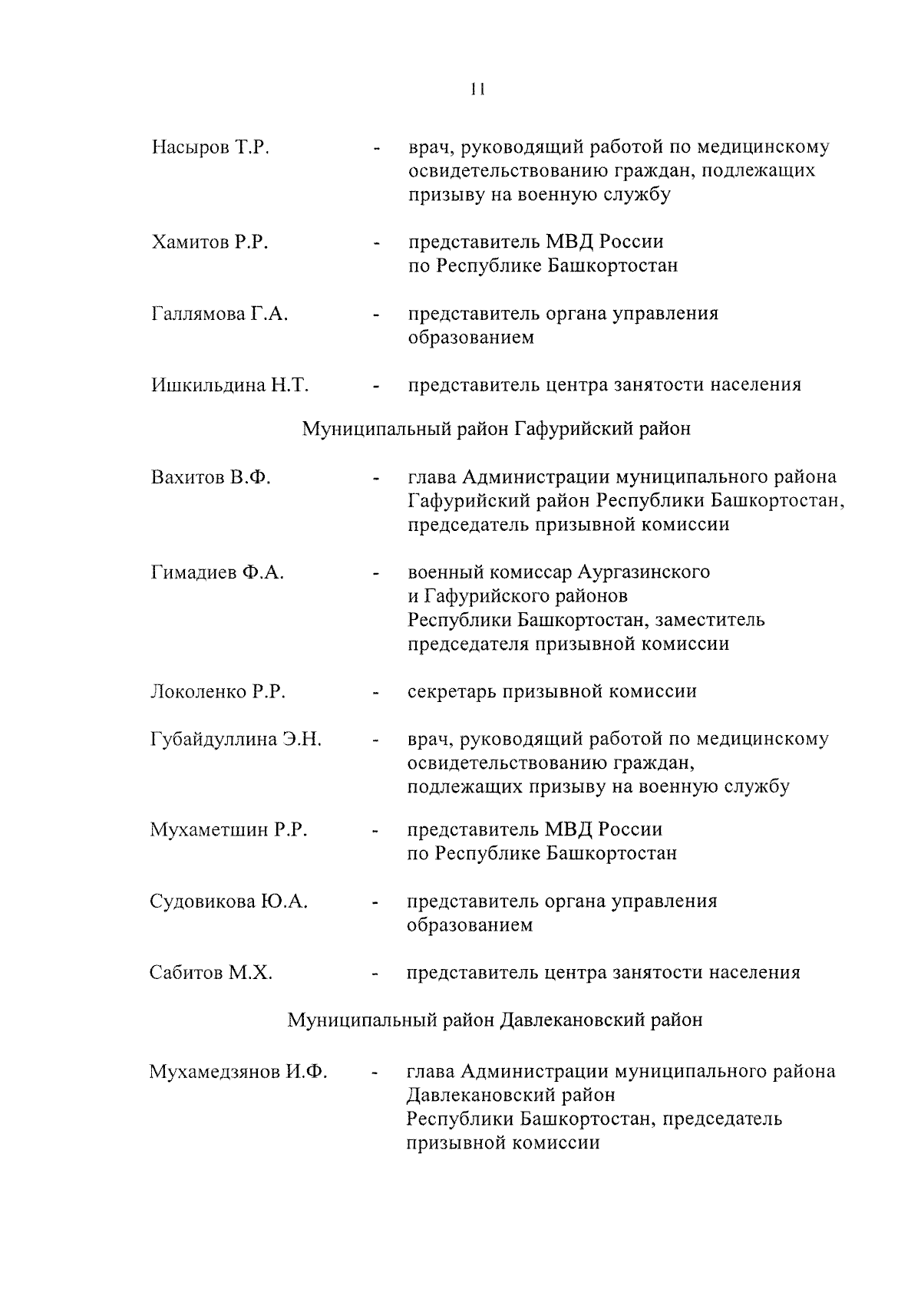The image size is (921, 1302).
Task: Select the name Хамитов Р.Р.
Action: [210, 242]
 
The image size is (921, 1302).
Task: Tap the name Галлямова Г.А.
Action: [220, 314]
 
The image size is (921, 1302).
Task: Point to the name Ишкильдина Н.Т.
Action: [229, 385]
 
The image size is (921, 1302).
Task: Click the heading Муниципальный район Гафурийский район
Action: [496, 429]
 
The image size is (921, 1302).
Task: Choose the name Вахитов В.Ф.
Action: [211, 477]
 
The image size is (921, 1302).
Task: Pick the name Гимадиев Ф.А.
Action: [217, 572]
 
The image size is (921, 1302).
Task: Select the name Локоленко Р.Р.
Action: [218, 692]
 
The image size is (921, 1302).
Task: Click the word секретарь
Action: [451, 692]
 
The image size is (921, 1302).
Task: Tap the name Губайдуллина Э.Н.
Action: [236, 740]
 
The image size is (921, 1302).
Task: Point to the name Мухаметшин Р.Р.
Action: [229, 830]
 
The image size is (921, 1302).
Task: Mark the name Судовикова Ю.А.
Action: [229, 902]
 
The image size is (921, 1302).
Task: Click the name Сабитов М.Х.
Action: [211, 974]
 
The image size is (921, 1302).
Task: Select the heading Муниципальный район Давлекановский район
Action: [495, 1020]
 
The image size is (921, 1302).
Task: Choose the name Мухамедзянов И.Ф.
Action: [239, 1072]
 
